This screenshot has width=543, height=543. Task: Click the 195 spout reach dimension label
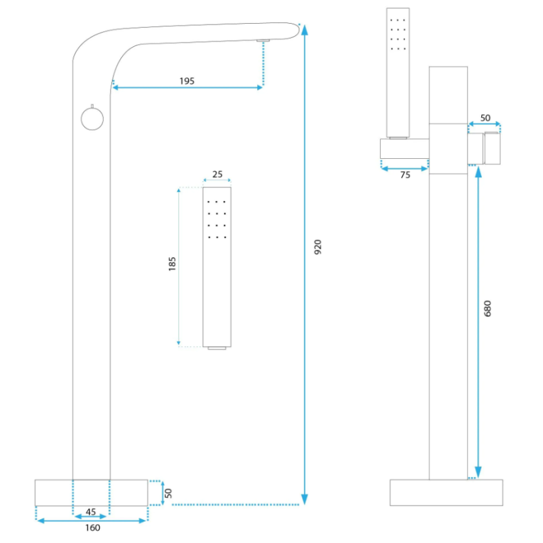187,81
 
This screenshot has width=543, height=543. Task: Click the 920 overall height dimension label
318,247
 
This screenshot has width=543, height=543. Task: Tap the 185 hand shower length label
172,264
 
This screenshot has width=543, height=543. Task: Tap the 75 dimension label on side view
405,174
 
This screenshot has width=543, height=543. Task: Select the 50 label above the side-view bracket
485,117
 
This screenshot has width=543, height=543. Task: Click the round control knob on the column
91,119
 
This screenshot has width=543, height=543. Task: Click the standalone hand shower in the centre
217,265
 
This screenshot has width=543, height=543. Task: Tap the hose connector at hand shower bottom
217,348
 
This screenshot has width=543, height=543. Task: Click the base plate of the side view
447,493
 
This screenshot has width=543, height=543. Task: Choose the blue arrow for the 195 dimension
187,87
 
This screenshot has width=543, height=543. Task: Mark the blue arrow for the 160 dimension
91,521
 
